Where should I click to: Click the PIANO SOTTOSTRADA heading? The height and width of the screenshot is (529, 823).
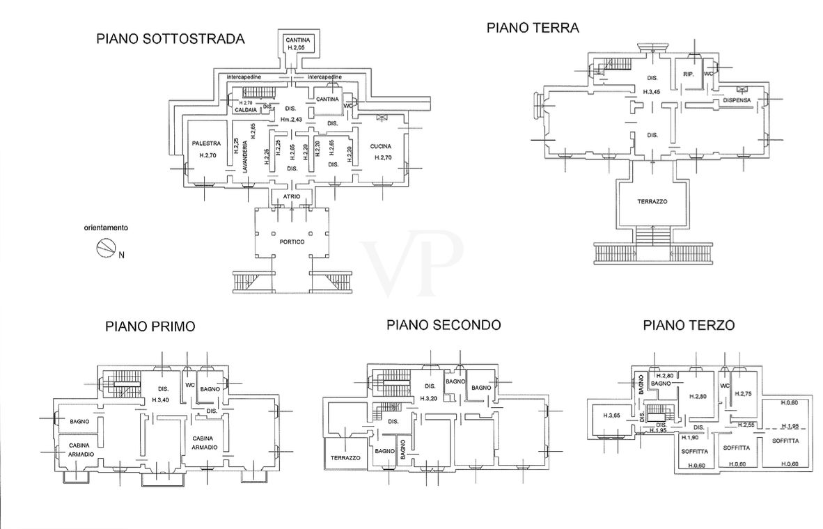pos(170,39)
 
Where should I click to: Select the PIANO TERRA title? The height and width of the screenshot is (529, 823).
pos(533,28)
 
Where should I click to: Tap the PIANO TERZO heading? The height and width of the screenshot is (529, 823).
pos(689,325)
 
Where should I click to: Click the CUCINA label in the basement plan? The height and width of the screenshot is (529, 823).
pos(381,147)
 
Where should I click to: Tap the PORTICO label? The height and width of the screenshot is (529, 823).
pos(290,242)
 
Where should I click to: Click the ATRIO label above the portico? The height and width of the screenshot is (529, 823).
pos(291,197)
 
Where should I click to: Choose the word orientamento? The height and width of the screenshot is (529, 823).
pos(106,228)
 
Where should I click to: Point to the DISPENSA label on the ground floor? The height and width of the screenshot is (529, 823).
pos(737,100)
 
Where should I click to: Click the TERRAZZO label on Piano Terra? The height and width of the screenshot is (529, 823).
pos(652,201)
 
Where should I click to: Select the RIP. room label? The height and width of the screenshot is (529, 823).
pos(689,74)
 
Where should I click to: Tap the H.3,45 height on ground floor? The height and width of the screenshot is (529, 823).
pos(652,92)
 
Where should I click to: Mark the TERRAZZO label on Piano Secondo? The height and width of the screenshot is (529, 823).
pos(345,458)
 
